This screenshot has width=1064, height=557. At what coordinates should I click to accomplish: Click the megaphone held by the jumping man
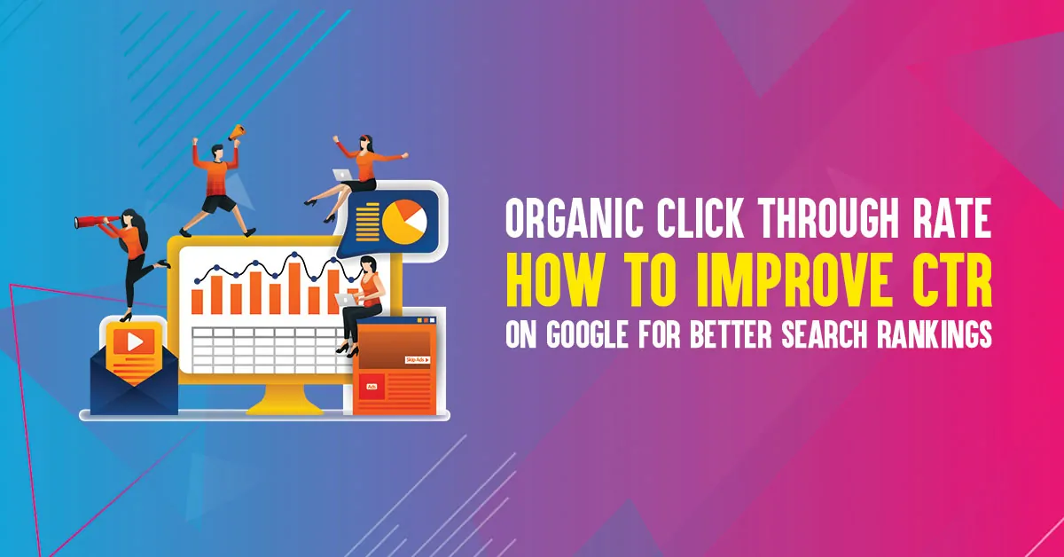[x=236, y=132]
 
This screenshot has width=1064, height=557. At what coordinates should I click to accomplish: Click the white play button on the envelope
[x=134, y=341]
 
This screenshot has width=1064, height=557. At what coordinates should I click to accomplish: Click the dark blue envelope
[x=133, y=386]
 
